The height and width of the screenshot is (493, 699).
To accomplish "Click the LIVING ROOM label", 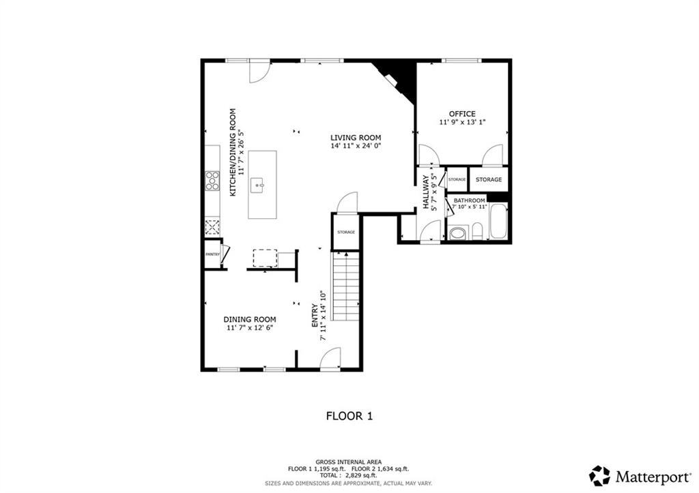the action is click(x=355, y=138).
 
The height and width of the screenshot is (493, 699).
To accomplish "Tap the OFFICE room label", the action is click(x=462, y=114).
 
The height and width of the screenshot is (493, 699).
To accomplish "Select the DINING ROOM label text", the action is click(x=250, y=319).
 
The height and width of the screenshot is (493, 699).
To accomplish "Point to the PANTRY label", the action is click(x=213, y=254).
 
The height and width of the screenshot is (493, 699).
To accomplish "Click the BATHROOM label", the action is click(x=469, y=200).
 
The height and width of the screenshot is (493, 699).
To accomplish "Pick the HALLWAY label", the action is click(x=426, y=192).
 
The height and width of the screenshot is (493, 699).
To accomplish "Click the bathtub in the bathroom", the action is click(x=498, y=221).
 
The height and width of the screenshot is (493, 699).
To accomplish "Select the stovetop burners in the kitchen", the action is click(x=212, y=181).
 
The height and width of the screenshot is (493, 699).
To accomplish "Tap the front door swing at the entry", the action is click(x=330, y=359).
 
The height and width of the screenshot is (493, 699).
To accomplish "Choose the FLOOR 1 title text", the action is click(x=349, y=417).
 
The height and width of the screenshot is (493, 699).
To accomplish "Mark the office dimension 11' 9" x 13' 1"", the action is click(x=462, y=122).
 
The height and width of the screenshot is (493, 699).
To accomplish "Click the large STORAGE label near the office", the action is click(x=489, y=179).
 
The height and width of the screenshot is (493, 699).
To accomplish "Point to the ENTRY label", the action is click(x=315, y=316).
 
